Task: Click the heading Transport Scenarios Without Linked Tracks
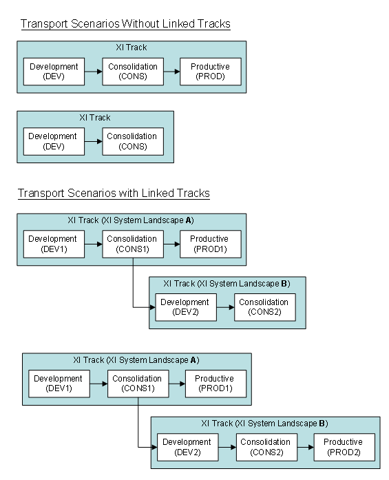click(125, 24)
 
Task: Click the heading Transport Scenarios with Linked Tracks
click(114, 194)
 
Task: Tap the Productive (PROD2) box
click(344, 447)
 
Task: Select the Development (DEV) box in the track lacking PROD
click(54, 141)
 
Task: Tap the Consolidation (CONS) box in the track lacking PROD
click(132, 141)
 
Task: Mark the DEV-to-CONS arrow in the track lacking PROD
click(93, 141)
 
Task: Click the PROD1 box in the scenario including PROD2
click(215, 384)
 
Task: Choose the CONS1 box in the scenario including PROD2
click(138, 384)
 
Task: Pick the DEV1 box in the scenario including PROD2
click(59, 384)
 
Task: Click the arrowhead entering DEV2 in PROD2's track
click(154, 448)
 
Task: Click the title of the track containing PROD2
click(264, 424)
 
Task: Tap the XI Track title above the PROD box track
click(131, 48)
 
